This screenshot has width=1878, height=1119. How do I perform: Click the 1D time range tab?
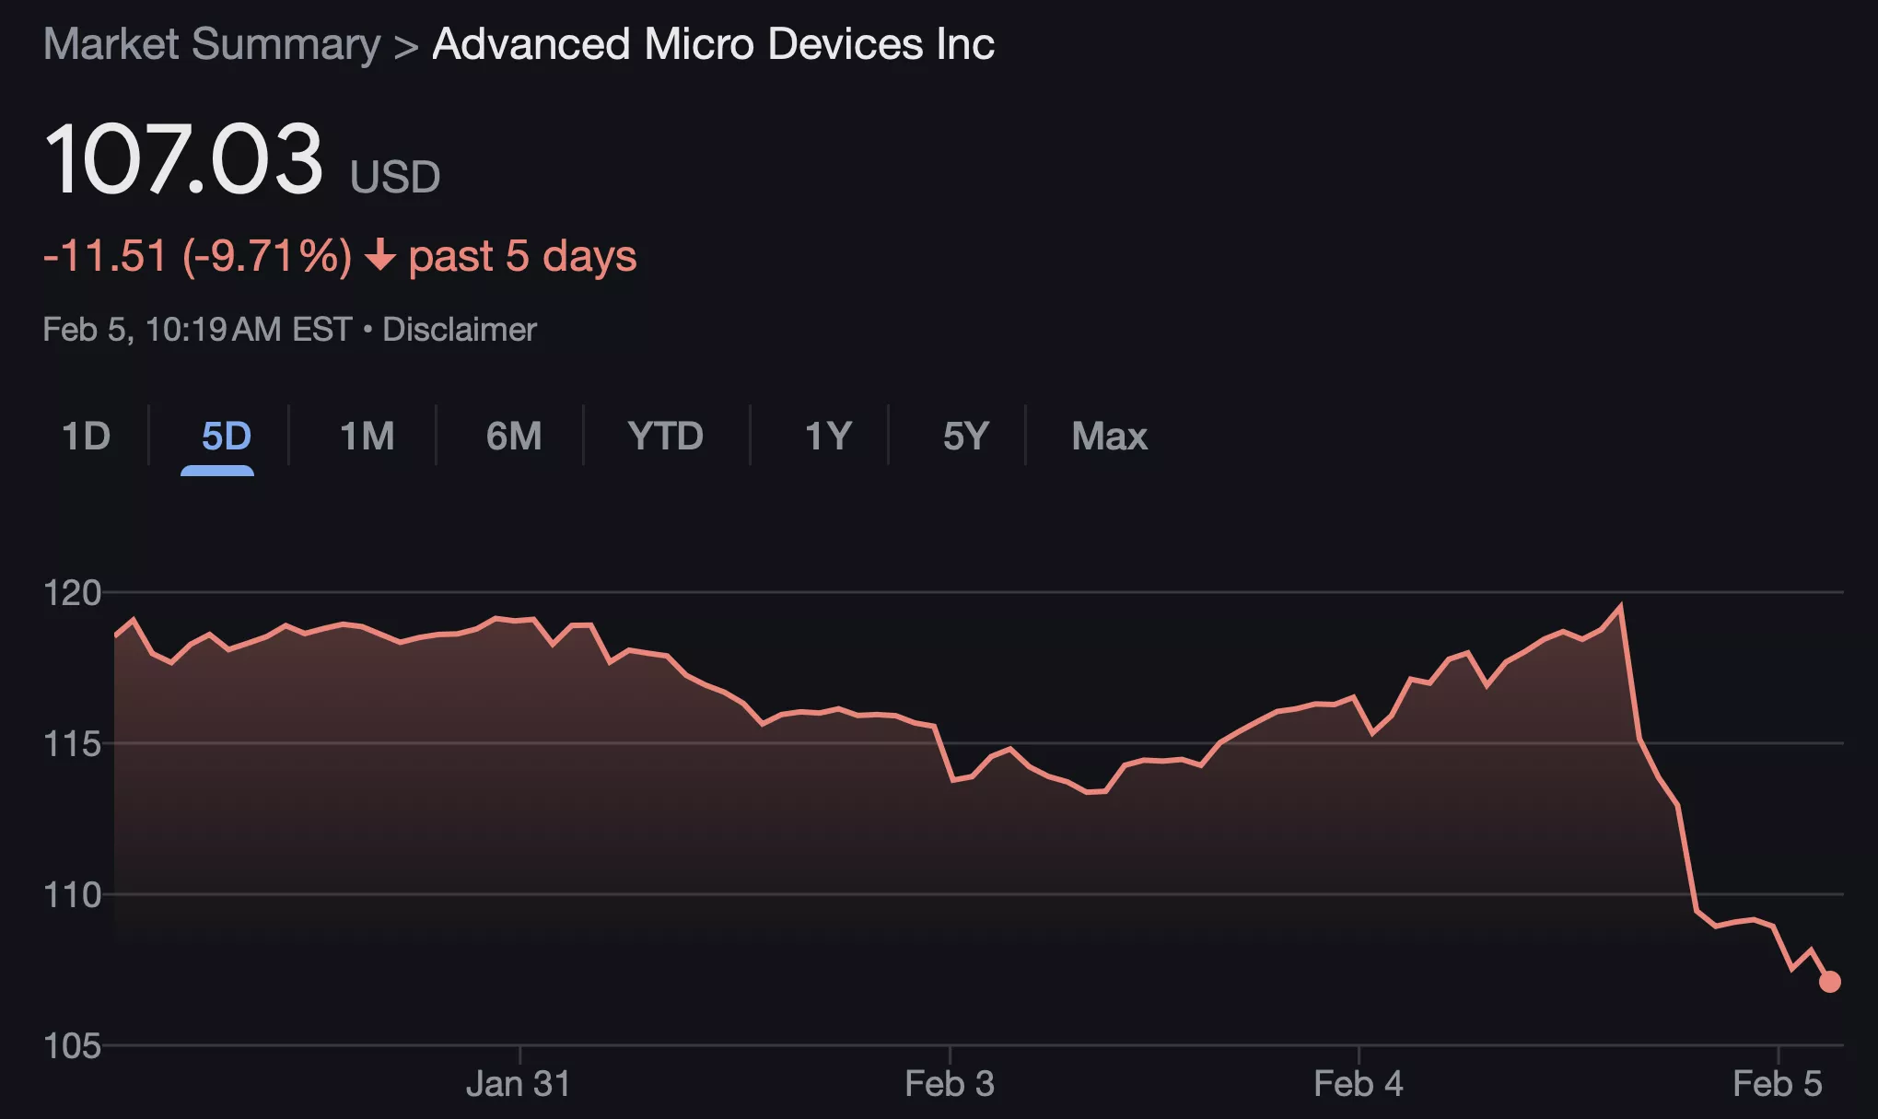point(86,436)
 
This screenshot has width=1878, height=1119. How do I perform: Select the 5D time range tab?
point(226,436)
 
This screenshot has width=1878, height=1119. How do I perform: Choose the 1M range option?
point(367,436)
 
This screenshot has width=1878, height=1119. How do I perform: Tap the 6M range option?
point(513,436)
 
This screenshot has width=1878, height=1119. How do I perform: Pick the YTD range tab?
point(665,436)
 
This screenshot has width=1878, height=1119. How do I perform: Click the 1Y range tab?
point(827,436)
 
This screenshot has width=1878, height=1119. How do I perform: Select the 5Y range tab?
point(965,436)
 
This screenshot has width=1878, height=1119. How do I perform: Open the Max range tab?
point(1109,436)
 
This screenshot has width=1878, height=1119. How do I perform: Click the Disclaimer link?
point(459,329)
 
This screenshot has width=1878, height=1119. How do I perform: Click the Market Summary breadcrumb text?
point(212,44)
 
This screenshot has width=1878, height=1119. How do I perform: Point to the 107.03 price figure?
point(183,159)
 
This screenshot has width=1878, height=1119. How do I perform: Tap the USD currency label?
point(395,176)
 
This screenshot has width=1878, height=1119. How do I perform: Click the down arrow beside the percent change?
point(379,255)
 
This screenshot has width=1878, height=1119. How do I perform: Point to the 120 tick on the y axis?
point(72,592)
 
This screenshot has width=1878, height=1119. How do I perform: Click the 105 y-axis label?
point(72,1045)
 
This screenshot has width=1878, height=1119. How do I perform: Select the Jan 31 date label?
point(519,1084)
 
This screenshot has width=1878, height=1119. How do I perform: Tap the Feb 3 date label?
point(950,1084)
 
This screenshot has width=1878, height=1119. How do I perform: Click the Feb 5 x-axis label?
point(1777,1084)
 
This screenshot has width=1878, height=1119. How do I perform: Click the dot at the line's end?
point(1829,982)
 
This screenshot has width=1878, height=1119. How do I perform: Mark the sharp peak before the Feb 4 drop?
point(1620,606)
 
